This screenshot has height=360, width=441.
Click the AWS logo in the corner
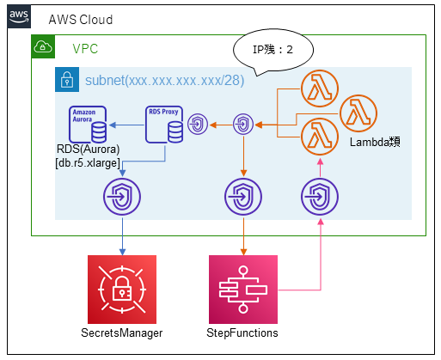(x=19, y=16)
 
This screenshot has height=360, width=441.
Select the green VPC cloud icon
(x=43, y=46)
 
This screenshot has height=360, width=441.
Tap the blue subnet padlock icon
(x=67, y=80)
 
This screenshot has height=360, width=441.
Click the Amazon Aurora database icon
(x=88, y=125)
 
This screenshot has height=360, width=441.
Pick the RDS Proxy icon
(x=164, y=125)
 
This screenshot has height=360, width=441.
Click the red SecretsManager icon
(x=122, y=290)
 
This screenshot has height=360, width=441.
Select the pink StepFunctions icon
(x=243, y=290)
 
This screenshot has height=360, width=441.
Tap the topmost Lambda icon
(x=320, y=88)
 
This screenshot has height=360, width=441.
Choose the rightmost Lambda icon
(x=358, y=113)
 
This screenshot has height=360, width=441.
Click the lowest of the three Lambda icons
(x=320, y=137)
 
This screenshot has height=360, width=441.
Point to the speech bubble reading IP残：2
(x=273, y=50)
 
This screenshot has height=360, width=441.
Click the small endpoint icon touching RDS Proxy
(x=198, y=125)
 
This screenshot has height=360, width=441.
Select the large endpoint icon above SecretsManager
(x=122, y=197)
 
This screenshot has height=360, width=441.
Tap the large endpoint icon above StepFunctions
(x=243, y=197)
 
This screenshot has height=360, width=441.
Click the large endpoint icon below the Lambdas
(x=320, y=197)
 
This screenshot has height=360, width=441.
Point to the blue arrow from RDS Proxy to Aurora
(x=126, y=125)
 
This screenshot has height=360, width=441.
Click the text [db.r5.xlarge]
(x=88, y=163)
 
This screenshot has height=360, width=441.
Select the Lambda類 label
(x=375, y=142)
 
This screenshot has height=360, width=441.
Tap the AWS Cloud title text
(x=81, y=20)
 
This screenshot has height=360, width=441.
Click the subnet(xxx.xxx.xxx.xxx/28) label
(x=165, y=81)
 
